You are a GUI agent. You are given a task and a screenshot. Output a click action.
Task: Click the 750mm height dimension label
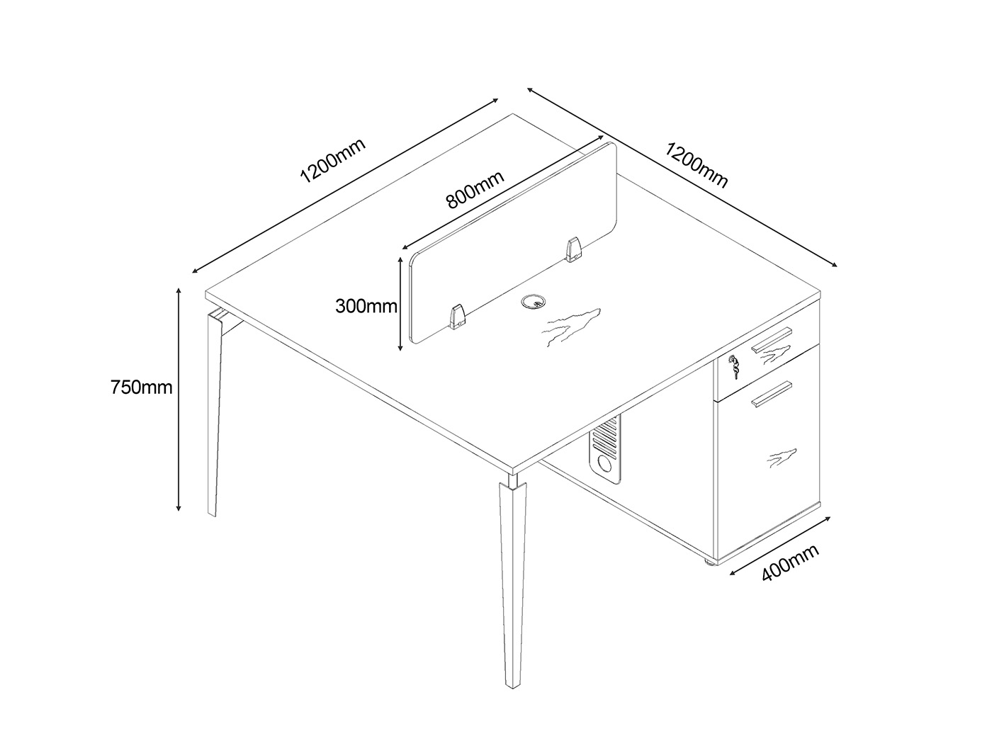coord(141,387)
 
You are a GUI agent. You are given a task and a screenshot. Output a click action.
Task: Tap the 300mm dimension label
coord(366,306)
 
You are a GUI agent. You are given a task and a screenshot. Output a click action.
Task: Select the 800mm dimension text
coord(475,189)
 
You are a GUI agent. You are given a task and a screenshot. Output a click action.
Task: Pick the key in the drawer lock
coord(734,367)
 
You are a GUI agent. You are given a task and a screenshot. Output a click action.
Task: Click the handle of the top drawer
coord(772,339)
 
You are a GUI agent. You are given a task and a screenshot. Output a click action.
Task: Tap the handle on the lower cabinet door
coord(772,394)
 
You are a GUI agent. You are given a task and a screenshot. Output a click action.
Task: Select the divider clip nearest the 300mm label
coord(458,317)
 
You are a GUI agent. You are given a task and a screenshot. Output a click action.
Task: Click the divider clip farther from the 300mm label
coord(572,249)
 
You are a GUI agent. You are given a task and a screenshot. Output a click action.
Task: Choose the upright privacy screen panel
coord(513,243)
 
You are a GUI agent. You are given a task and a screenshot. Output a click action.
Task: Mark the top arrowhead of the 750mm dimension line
coord(179,290)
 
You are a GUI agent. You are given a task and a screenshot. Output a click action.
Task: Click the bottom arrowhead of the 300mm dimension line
coord(400,348)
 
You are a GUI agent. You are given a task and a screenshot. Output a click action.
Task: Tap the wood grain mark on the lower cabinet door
coord(782,458)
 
